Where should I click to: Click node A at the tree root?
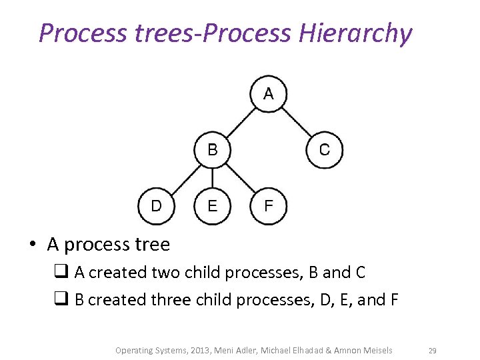point(268,94)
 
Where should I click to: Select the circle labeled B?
point(212,150)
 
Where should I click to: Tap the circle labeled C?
point(324,150)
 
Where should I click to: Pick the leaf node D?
point(156,206)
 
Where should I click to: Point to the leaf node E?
point(212,206)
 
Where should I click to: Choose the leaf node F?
point(268,206)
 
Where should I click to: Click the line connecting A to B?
point(240,122)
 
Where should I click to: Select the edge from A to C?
point(296,122)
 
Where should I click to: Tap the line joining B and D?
point(184,178)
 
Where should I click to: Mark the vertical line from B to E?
point(212,178)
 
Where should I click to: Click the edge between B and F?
point(240,178)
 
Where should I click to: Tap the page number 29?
point(432,351)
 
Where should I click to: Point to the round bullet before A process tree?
point(32,245)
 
